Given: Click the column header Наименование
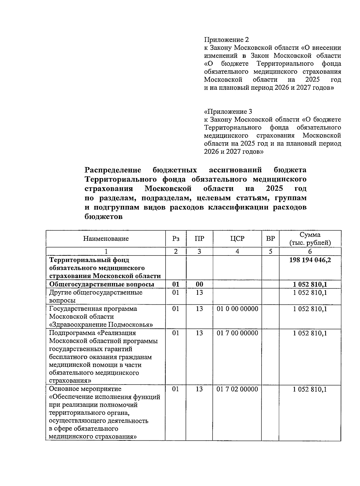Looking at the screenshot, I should click(x=106, y=239).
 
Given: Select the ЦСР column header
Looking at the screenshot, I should click(x=237, y=239).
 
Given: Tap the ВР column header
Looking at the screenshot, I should click(x=270, y=239).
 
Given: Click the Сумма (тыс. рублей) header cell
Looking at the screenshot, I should click(x=310, y=239).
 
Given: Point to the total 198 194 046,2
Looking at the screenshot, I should click(x=310, y=260).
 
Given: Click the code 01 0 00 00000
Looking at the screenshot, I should click(x=237, y=309).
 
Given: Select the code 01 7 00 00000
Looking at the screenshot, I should click(x=237, y=333).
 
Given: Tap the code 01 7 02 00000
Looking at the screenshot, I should click(x=237, y=389).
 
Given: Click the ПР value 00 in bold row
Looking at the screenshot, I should click(x=199, y=284).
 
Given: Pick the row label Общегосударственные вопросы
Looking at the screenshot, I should click(x=101, y=284).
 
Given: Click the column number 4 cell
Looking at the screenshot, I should click(x=237, y=252).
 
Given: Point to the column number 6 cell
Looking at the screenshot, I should click(x=310, y=252).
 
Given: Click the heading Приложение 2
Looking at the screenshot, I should click(x=226, y=40).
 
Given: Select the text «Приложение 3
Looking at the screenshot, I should click(x=228, y=112).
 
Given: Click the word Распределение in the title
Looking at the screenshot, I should click(x=113, y=170).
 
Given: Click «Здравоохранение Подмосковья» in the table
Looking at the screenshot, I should click(x=101, y=325).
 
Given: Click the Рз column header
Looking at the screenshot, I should click(x=176, y=239).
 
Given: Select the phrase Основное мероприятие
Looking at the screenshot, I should click(x=85, y=389).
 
